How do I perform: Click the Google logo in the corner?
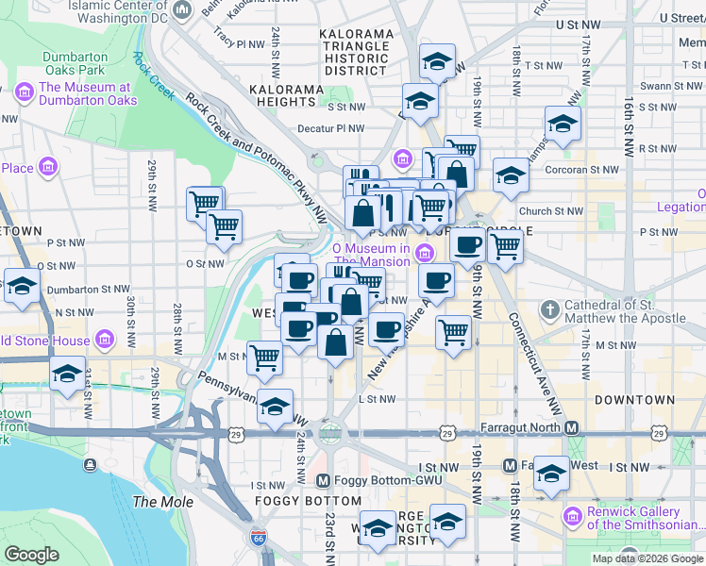(32, 555)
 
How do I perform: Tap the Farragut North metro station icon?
(572, 427)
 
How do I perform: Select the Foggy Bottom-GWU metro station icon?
(324, 480)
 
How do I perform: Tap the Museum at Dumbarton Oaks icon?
(24, 92)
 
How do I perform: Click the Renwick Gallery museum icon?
(571, 516)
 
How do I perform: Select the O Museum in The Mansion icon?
(425, 252)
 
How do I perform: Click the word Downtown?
(632, 400)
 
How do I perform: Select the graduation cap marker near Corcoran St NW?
(511, 175)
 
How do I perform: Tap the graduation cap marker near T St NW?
(437, 62)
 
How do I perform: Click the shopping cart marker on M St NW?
(264, 358)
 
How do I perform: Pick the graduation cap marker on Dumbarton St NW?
(21, 286)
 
